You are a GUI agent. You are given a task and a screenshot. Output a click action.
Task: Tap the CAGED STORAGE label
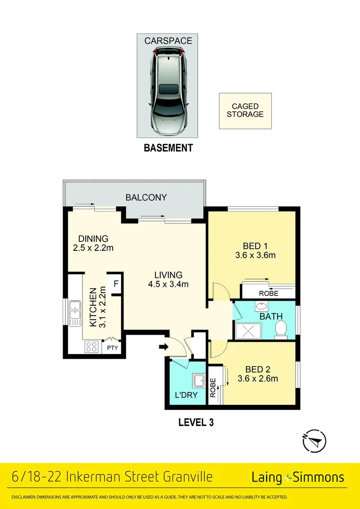click(x=245, y=110)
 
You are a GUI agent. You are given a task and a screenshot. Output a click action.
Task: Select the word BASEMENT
click(x=168, y=148)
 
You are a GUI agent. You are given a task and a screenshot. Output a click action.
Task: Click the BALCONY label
click(x=147, y=197)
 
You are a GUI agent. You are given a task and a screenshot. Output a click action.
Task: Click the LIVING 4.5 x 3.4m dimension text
click(x=168, y=284)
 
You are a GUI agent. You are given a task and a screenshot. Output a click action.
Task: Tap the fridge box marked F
click(x=115, y=284)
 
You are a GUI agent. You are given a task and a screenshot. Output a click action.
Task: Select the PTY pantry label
click(x=112, y=349)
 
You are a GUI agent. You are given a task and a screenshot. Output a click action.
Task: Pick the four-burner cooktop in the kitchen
click(x=91, y=347)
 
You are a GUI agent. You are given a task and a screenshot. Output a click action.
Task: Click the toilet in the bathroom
click(x=280, y=329)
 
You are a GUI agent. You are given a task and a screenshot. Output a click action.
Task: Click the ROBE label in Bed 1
click(x=269, y=294)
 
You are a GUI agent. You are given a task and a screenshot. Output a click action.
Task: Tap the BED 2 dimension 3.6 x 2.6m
click(x=258, y=378)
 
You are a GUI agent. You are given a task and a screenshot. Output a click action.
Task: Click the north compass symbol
click(x=314, y=441)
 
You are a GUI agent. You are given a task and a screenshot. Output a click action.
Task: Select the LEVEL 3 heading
click(x=196, y=422)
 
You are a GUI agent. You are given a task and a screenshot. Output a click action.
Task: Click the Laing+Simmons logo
click(x=298, y=477)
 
